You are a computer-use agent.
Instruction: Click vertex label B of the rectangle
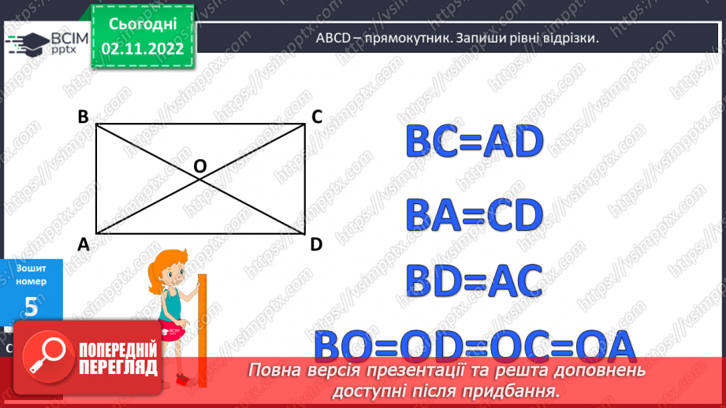tap(83, 117)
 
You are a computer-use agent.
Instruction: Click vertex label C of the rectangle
tap(316, 117)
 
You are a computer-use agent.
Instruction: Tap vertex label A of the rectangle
tap(83, 244)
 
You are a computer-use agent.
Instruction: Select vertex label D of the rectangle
tap(316, 244)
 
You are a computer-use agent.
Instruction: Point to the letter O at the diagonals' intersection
tap(199, 166)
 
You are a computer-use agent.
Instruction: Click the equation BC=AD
tap(475, 143)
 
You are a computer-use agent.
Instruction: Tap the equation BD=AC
tap(475, 280)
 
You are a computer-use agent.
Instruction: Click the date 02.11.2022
tap(143, 49)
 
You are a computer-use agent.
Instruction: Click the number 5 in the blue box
tap(31, 307)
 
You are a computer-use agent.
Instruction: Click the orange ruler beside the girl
tap(202, 323)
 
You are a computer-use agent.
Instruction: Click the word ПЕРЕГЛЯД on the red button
tap(118, 368)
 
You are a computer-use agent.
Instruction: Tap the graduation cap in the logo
tap(28, 42)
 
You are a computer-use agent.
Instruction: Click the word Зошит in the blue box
tap(31, 269)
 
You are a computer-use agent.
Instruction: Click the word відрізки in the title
tap(564, 38)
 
